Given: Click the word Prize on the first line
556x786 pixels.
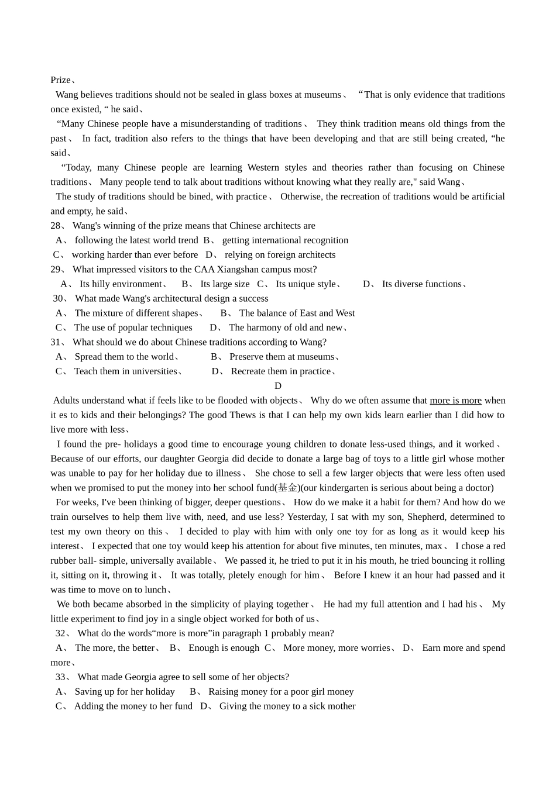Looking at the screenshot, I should [60, 80].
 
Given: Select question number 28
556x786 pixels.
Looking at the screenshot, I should [56, 226].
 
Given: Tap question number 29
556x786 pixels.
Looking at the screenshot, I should [56, 270].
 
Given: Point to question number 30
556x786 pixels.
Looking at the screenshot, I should [59, 299].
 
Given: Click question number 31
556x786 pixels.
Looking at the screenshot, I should [56, 342].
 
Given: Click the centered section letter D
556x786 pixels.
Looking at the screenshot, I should [278, 386].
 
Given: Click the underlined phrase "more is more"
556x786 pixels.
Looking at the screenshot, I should [455, 401].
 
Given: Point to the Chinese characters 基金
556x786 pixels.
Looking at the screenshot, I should [287, 488].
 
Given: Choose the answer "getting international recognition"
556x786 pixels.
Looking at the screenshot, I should [285, 240].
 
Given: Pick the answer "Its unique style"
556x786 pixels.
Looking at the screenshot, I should [306, 284].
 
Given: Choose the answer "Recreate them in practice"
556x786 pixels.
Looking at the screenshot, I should [281, 371].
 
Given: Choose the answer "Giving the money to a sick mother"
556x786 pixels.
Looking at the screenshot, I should [287, 706].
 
